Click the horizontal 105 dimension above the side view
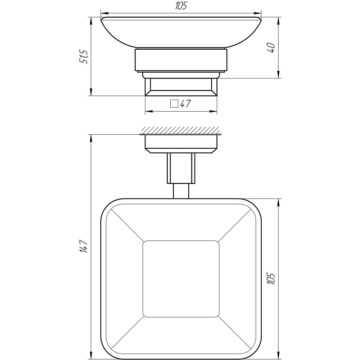click(x=181, y=6)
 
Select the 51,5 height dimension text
click(x=84, y=57)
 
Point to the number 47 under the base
click(x=185, y=104)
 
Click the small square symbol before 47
click(x=174, y=104)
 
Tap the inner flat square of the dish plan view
click(x=181, y=279)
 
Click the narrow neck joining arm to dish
click(x=181, y=191)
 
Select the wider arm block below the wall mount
click(x=181, y=168)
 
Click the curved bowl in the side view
click(x=181, y=32)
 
